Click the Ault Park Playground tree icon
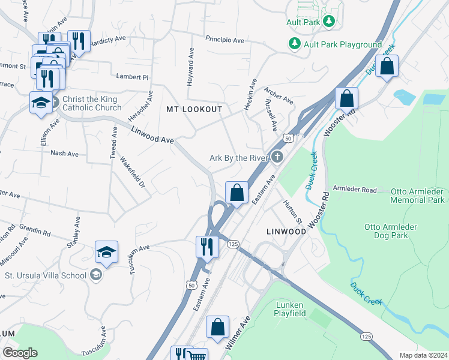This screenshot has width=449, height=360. [x=295, y=44]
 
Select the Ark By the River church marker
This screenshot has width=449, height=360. [x=277, y=157]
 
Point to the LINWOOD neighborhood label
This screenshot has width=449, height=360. [x=286, y=231]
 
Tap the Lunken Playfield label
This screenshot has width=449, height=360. [x=289, y=309]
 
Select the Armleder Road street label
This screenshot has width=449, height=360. [x=355, y=190]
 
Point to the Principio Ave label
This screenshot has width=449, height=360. [x=224, y=40]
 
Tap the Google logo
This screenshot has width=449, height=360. [x=20, y=353]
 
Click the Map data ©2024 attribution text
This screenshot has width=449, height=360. [x=423, y=355]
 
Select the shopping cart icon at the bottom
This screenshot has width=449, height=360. [x=197, y=356]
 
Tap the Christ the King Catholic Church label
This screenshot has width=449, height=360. [x=91, y=103]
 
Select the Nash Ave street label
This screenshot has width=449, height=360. [x=65, y=154]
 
